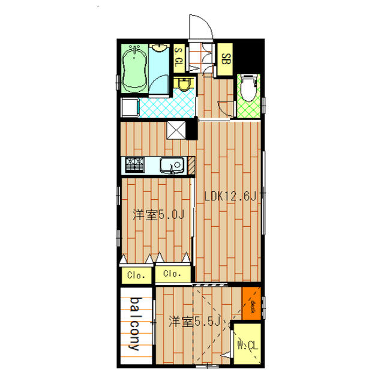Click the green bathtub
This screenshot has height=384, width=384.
pyautogui.click(x=134, y=68)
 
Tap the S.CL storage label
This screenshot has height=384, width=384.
pyautogui.click(x=179, y=58)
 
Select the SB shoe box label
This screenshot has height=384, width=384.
pyautogui.click(x=226, y=59)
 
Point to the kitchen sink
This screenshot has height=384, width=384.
pyautogui.click(x=172, y=166)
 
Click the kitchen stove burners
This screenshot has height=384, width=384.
pyautogui.click(x=135, y=165)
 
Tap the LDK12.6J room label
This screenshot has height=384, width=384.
pyautogui.click(x=231, y=196)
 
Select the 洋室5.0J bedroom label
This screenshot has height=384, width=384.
pyautogui.click(x=158, y=215)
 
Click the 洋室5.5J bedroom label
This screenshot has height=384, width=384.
pyautogui.click(x=195, y=322)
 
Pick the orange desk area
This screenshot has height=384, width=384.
pyautogui.click(x=251, y=303)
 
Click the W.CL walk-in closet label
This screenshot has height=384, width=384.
pyautogui.click(x=248, y=346)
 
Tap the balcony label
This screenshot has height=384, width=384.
pyautogui.click(x=136, y=324)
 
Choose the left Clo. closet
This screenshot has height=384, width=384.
pyautogui.click(x=136, y=275)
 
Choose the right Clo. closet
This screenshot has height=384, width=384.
pyautogui.click(x=173, y=274)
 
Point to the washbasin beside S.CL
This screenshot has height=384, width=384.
pyautogui.click(x=159, y=48)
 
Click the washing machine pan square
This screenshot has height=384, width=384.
pyautogui.click(x=130, y=107)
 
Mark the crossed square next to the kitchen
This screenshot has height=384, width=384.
pyautogui.click(x=176, y=130)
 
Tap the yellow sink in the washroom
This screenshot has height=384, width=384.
pyautogui.click(x=184, y=84)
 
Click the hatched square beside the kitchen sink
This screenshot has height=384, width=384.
pyautogui.click(x=191, y=166)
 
